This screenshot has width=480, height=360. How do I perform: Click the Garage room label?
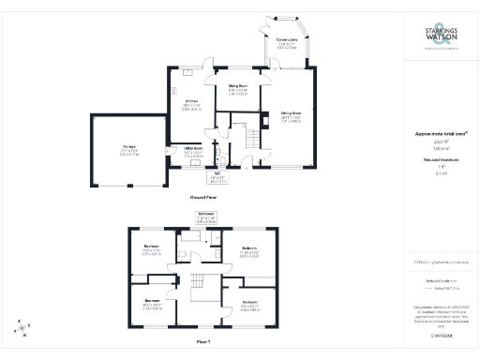tap(127, 151)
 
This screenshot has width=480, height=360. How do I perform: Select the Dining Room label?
tap(239, 90)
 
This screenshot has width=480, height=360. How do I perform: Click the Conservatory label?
tap(287, 41)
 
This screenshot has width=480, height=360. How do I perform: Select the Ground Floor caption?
tap(205, 199)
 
